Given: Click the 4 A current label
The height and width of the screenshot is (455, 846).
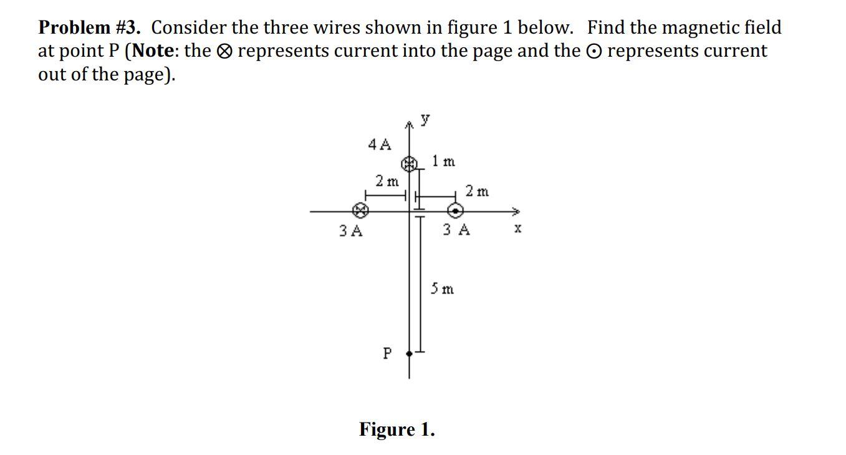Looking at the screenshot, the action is [x=379, y=145].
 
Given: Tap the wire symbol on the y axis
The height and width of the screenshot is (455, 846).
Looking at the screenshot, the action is [x=409, y=164].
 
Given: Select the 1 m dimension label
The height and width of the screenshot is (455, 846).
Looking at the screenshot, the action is [x=444, y=161].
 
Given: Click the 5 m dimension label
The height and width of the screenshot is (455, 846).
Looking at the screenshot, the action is [x=443, y=289].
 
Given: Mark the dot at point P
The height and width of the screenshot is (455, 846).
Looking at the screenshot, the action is [x=409, y=353].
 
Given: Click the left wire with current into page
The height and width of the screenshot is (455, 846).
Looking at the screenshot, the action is [x=360, y=210].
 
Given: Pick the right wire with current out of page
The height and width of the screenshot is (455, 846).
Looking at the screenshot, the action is [x=456, y=210].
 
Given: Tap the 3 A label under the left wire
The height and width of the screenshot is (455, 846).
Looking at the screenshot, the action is [x=350, y=231].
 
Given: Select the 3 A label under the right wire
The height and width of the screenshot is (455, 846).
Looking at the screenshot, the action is [x=456, y=230].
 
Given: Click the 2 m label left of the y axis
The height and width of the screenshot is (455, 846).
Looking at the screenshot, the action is [x=387, y=181].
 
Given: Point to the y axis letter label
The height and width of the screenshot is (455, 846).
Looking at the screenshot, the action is [x=425, y=118].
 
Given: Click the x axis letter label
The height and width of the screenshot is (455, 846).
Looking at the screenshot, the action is [x=517, y=229].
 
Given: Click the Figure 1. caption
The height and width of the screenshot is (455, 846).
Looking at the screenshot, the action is [x=397, y=429].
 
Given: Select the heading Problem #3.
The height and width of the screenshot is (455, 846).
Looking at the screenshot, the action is [x=89, y=27].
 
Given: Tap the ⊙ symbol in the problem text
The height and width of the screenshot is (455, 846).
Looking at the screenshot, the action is [x=594, y=52].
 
